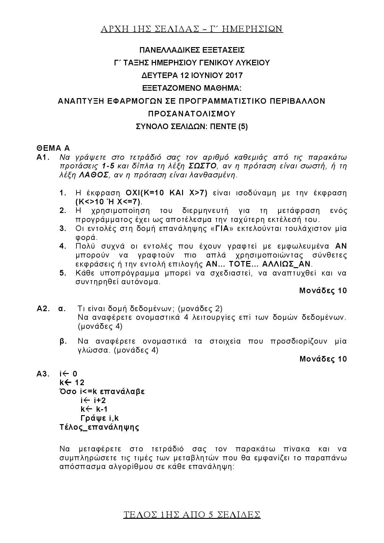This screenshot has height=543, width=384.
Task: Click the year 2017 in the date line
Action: [x=234, y=76]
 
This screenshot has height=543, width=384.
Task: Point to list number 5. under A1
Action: [x=63, y=273]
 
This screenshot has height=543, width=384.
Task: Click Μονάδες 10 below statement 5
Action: [x=323, y=290]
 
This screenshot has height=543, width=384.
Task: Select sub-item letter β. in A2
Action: [x=63, y=341]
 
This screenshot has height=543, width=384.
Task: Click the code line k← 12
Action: [x=72, y=382]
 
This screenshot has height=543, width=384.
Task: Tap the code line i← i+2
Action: [x=93, y=400]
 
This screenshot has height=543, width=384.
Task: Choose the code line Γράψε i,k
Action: [x=100, y=418]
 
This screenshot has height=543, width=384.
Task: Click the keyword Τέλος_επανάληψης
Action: [x=99, y=427]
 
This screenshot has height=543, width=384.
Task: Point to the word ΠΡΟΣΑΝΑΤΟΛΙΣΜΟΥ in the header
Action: [x=192, y=114]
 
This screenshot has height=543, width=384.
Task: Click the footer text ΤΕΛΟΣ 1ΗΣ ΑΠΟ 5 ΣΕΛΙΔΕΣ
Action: [x=192, y=515]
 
